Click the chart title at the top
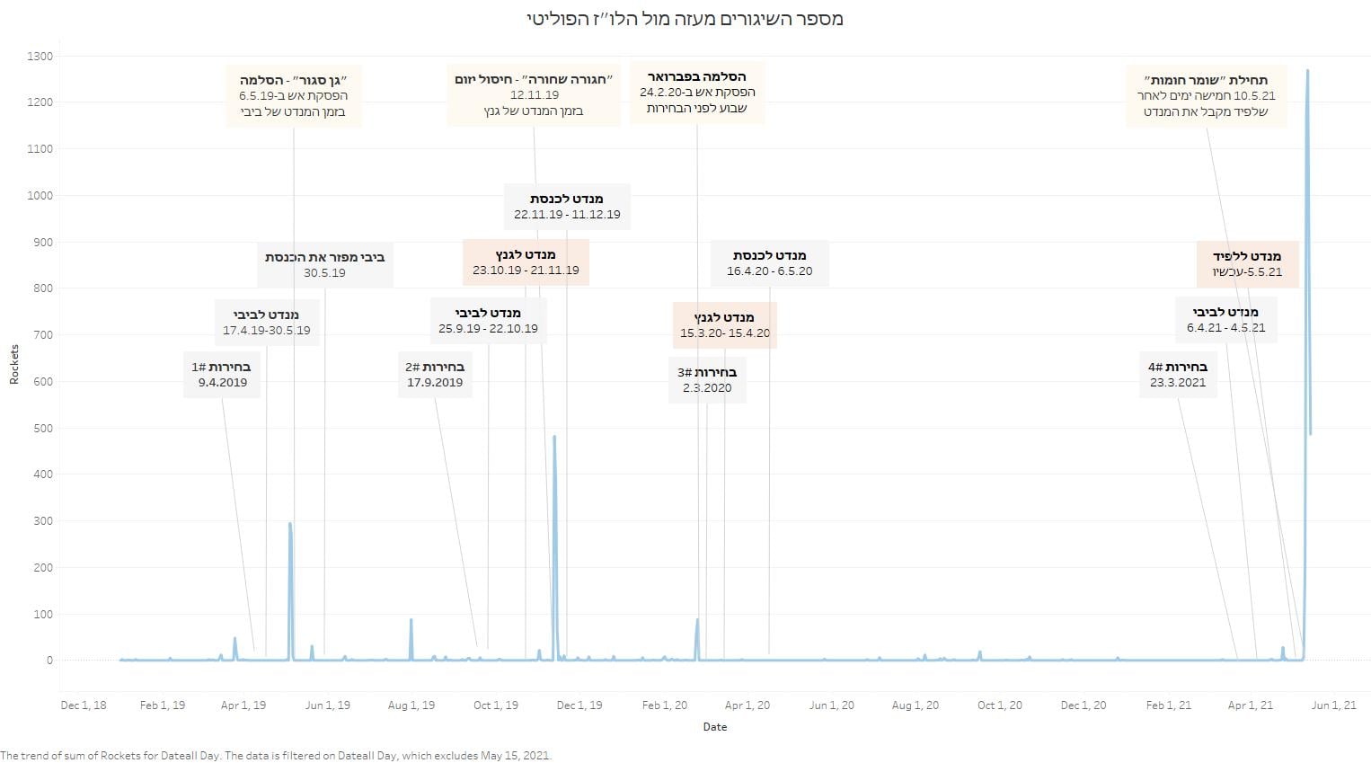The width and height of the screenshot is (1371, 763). [x=685, y=18]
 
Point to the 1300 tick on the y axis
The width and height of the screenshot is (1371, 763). [x=40, y=57]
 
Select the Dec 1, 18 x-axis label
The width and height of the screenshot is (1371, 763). [x=84, y=705]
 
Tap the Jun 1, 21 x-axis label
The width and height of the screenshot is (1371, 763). [x=1333, y=705]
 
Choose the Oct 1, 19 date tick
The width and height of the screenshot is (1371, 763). [x=496, y=705]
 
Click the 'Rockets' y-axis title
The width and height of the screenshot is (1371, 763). [x=14, y=364]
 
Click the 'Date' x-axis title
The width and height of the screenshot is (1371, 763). [x=715, y=727]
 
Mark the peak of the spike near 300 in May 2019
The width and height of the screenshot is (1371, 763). [x=289, y=523]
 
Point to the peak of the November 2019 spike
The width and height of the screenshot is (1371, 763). [x=554, y=436]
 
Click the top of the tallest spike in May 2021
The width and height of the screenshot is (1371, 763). [x=1307, y=70]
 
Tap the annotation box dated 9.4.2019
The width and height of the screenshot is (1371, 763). [x=222, y=375]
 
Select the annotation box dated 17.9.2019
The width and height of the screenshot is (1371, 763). [x=435, y=375]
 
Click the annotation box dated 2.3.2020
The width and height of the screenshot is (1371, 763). [x=707, y=379]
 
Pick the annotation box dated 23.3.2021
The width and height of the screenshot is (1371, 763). [x=1178, y=375]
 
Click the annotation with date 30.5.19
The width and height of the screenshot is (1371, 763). [x=325, y=264]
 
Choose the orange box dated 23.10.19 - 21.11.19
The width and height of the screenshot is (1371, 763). [x=526, y=262]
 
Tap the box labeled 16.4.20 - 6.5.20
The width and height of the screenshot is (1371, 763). [x=769, y=263]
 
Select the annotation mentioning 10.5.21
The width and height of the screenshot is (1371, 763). [x=1207, y=96]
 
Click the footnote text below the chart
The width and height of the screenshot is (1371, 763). [x=276, y=755]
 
